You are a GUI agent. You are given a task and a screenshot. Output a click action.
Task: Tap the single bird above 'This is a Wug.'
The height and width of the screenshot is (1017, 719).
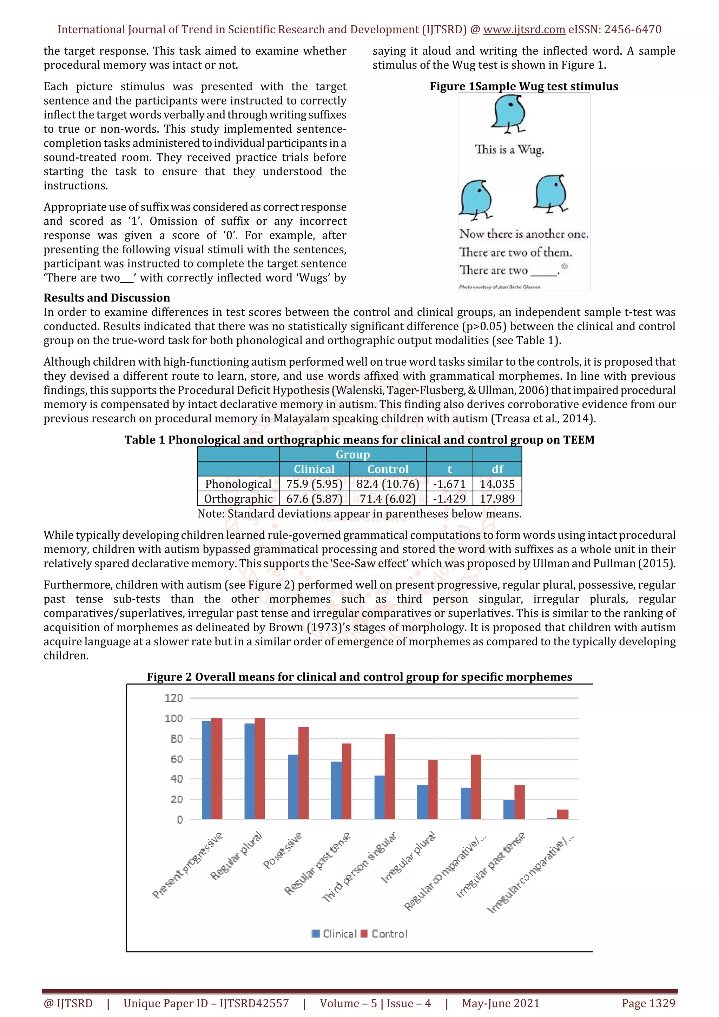(510, 113)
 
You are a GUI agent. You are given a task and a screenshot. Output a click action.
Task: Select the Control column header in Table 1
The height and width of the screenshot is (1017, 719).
(388, 469)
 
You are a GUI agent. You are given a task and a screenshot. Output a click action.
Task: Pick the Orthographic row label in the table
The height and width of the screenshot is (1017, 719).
(238, 499)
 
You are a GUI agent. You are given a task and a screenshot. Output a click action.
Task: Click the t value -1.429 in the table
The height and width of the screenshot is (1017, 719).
(449, 499)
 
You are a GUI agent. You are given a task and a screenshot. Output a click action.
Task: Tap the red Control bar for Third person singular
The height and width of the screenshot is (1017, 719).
(389, 777)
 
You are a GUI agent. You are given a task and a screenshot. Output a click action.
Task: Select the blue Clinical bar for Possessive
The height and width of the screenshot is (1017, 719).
(293, 787)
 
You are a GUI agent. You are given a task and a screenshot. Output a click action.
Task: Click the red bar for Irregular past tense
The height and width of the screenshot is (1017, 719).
(519, 802)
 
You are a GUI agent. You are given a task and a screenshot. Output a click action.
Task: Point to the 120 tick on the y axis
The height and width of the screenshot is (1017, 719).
(174, 698)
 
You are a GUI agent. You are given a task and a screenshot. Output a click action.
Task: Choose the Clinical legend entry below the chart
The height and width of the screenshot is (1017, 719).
(335, 934)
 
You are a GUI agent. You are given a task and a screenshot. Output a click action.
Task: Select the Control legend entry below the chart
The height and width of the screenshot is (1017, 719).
(384, 934)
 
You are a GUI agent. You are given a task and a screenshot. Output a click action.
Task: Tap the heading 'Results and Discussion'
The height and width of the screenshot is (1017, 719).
(107, 298)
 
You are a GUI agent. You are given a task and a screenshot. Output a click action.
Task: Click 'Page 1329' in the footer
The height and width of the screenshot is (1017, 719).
(648, 1003)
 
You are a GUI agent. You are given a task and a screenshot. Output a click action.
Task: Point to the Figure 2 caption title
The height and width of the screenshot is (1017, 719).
(359, 677)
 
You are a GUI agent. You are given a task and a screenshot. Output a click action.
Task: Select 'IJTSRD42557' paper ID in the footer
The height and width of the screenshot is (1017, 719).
(254, 1003)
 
